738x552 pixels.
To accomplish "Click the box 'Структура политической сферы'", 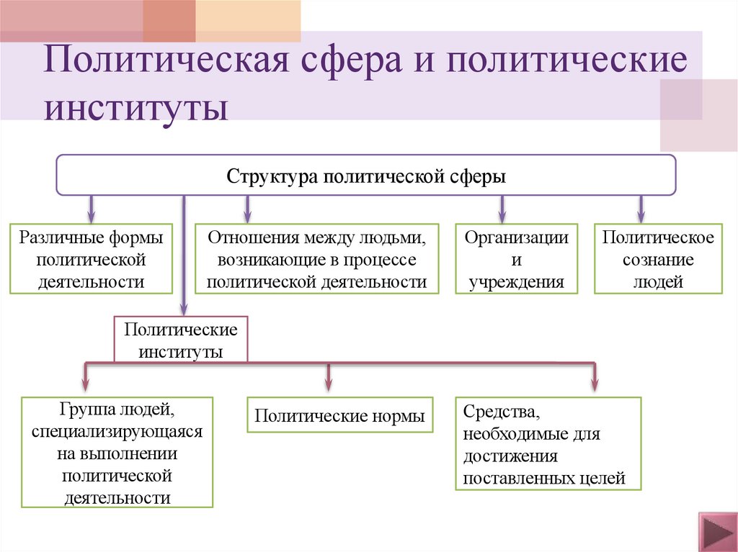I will [x=366, y=175].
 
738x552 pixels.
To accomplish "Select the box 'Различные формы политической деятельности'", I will [x=91, y=259].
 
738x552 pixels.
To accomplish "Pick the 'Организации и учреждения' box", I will [x=516, y=259].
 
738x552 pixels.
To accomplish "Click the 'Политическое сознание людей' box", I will [x=658, y=259].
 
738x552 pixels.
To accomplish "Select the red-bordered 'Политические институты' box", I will [x=181, y=340].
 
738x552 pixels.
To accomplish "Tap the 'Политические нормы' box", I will [x=340, y=415].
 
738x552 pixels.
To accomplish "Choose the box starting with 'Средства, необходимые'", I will [x=548, y=444].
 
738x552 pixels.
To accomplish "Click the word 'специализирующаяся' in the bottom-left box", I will [x=117, y=433].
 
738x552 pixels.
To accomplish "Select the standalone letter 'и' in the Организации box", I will [x=516, y=260].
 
